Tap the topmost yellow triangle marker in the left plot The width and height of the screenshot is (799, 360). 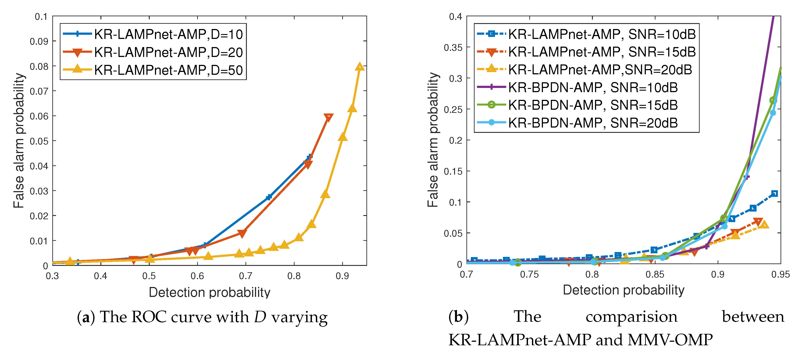point(359,66)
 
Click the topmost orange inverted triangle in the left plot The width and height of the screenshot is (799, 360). point(328,117)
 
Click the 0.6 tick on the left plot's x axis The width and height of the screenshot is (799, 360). point(197,276)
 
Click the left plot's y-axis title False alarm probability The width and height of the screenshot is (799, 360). point(19,141)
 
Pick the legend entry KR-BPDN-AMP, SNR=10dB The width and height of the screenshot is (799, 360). point(593,88)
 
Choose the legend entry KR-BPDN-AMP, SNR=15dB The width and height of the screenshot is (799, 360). point(593,105)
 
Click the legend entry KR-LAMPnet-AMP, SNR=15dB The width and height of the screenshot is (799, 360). point(602,52)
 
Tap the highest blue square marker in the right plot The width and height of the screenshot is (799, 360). point(774,194)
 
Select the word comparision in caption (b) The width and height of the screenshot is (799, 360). point(632,317)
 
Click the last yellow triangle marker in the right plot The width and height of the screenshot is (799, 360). point(764,224)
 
